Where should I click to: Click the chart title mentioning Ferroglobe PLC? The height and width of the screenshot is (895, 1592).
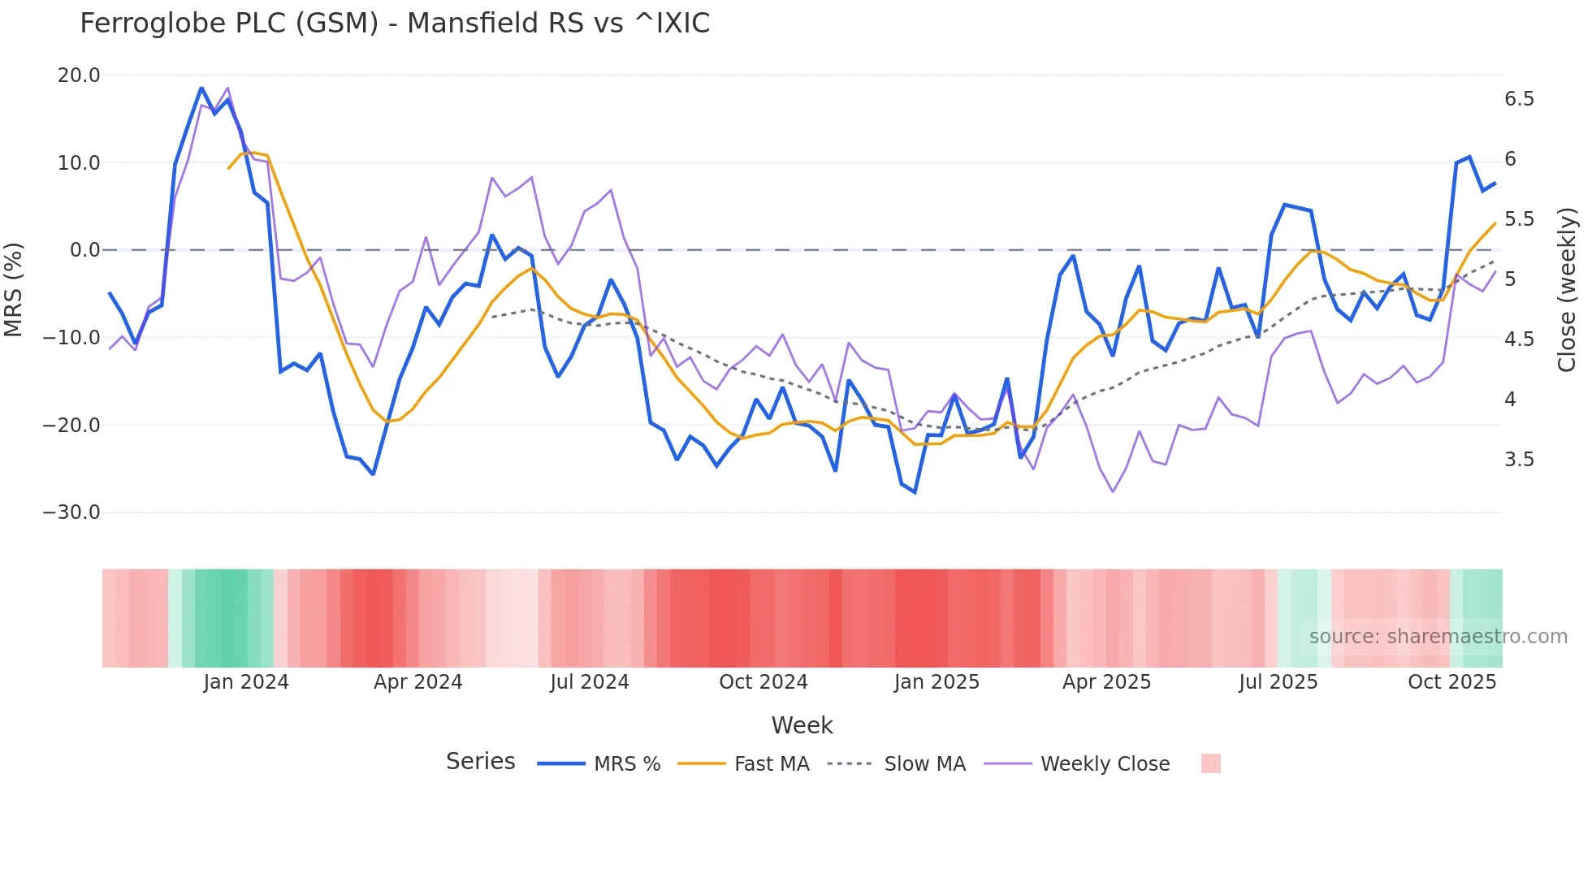point(395,24)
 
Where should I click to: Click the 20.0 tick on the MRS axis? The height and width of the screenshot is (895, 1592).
point(79,76)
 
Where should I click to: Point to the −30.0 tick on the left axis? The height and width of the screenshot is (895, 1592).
point(71,512)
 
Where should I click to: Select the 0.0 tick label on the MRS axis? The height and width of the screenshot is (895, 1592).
point(84,250)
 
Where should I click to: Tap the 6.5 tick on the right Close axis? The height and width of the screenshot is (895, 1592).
point(1519,99)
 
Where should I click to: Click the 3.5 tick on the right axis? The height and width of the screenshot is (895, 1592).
point(1519,460)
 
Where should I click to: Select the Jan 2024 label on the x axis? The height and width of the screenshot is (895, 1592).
point(246,682)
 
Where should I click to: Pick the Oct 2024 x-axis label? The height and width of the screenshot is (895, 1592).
point(764,682)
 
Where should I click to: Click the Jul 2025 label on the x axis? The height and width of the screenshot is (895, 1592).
point(1278,682)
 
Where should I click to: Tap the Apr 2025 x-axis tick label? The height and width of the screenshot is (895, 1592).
point(1107,682)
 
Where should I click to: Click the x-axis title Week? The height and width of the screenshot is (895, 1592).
point(802,725)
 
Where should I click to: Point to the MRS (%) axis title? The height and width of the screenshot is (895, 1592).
point(14,289)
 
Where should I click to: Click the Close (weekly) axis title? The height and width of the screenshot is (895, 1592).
point(1567,289)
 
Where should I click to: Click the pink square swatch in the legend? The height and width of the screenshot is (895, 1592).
point(1210,763)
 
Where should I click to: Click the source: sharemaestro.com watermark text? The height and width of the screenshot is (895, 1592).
point(1438,637)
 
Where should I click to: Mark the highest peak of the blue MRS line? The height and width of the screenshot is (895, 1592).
point(201,88)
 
